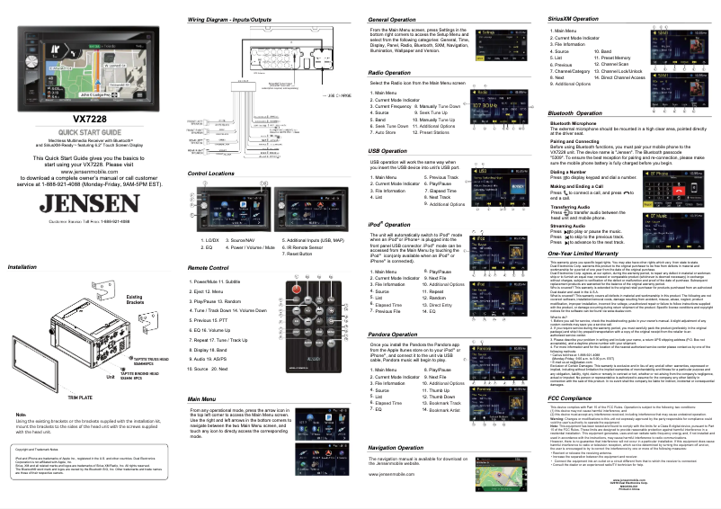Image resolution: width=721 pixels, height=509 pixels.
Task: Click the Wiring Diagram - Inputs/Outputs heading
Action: [x=228, y=19]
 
